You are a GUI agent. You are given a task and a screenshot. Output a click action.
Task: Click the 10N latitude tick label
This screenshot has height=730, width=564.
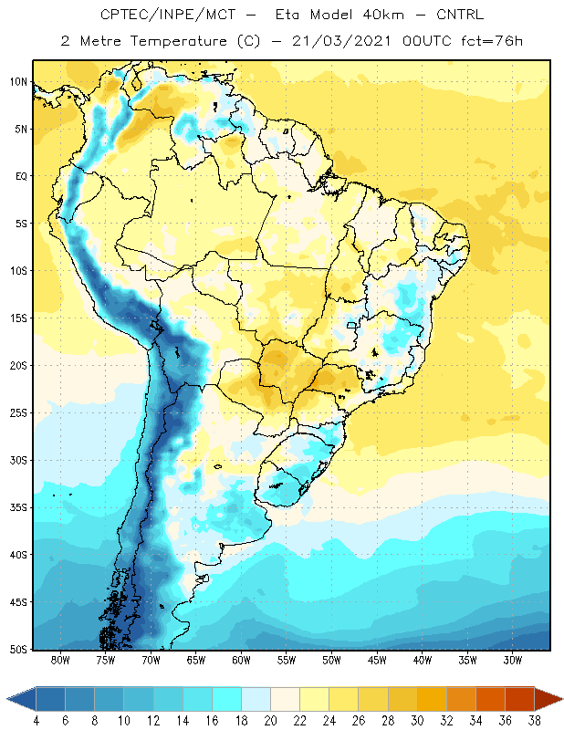[x=18, y=82]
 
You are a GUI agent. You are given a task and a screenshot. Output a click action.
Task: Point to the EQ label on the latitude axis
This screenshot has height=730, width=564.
[x=21, y=176]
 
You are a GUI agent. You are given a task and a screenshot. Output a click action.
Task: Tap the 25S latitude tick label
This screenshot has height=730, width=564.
[x=18, y=413]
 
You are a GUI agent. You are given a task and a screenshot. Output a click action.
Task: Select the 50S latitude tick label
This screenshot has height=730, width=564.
[x=18, y=649]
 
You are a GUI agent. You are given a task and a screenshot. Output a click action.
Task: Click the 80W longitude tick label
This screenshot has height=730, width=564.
[x=60, y=660]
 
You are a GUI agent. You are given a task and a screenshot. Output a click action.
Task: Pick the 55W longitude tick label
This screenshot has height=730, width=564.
[x=287, y=660]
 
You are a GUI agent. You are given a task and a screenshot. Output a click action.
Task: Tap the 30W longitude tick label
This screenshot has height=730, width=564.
[x=513, y=660]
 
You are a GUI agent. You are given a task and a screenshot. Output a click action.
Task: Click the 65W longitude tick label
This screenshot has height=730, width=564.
[x=196, y=660]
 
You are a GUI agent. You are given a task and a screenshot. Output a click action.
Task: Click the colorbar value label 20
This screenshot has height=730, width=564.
[x=270, y=721]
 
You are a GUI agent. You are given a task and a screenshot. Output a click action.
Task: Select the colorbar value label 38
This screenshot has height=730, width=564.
[x=534, y=721]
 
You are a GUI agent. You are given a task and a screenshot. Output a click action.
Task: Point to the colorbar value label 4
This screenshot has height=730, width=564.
[x=37, y=721]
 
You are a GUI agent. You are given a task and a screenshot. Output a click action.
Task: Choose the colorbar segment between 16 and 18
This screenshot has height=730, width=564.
[x=227, y=699]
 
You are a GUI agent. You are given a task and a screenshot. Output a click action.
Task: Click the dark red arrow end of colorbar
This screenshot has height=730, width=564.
[x=548, y=699]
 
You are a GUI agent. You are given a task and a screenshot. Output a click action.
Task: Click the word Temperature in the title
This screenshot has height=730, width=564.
[x=178, y=41]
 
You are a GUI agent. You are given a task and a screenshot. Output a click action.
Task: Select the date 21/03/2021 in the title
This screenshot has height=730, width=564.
[x=341, y=41]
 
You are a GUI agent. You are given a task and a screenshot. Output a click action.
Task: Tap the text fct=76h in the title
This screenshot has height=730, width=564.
[x=492, y=41]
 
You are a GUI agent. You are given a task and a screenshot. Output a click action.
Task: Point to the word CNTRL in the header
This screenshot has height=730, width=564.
[x=460, y=15]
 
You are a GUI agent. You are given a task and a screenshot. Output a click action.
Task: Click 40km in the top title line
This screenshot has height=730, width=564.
[x=383, y=15]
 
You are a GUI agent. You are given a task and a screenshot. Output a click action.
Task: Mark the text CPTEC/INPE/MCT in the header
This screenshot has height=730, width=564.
[x=168, y=15]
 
